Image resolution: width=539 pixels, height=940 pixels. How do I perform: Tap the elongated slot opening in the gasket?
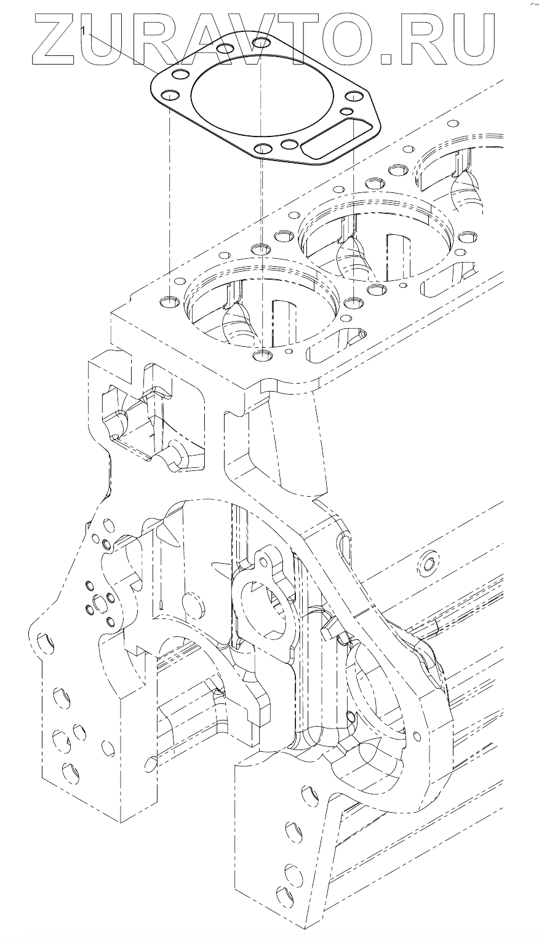[x=335, y=138]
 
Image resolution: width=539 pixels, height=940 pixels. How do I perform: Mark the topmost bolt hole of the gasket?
[x=262, y=43]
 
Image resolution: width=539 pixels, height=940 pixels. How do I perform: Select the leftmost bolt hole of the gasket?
[x=169, y=95]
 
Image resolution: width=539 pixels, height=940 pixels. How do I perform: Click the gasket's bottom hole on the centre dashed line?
[x=262, y=148]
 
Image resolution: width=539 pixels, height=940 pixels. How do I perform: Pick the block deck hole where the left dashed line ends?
[x=168, y=302]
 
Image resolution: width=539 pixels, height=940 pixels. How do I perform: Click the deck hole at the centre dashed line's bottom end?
[x=262, y=355]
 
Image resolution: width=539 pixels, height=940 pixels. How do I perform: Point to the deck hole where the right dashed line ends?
[x=353, y=302]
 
